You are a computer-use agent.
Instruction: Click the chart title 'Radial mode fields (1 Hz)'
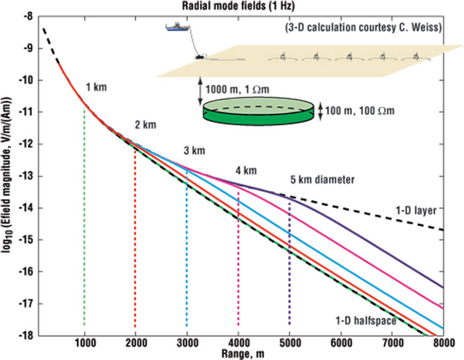238,6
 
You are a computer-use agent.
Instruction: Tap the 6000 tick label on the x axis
341,343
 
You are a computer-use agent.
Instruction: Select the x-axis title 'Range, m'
243,354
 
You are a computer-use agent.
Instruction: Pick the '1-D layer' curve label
416,211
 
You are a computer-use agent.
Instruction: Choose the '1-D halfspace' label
366,320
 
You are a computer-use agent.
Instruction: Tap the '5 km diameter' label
323,180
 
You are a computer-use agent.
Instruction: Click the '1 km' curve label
96,88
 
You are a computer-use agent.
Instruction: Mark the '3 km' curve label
194,151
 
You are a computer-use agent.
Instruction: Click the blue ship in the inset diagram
177,26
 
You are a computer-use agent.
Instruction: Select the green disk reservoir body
258,111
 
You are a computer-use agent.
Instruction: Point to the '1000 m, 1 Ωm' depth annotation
237,89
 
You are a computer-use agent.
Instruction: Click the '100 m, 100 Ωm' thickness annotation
360,111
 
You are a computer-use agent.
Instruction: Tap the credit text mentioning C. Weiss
363,28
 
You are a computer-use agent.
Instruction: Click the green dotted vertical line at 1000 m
85,217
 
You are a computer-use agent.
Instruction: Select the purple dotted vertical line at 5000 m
290,263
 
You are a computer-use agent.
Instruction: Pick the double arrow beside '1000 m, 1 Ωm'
200,91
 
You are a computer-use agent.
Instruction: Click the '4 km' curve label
246,170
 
